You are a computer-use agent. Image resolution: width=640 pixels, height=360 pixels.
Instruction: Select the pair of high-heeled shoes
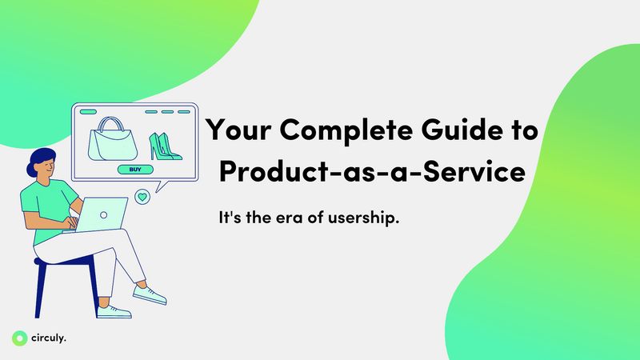tap(164, 145)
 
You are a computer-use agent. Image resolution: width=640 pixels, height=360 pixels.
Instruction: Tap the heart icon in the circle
tap(142, 196)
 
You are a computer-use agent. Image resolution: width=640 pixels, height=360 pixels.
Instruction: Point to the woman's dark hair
tap(42, 159)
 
